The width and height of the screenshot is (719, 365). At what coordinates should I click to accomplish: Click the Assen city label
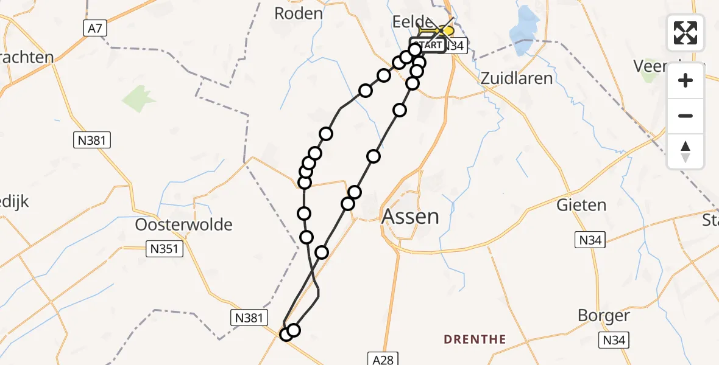[410, 217]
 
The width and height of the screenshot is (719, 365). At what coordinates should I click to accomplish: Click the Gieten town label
[581, 205]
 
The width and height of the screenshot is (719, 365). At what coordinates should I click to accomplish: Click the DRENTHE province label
[475, 339]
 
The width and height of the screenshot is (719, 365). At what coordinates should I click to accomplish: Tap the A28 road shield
[383, 360]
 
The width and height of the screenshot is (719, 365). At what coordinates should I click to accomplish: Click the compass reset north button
[685, 151]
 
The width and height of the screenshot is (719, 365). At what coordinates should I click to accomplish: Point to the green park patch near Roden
[140, 99]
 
